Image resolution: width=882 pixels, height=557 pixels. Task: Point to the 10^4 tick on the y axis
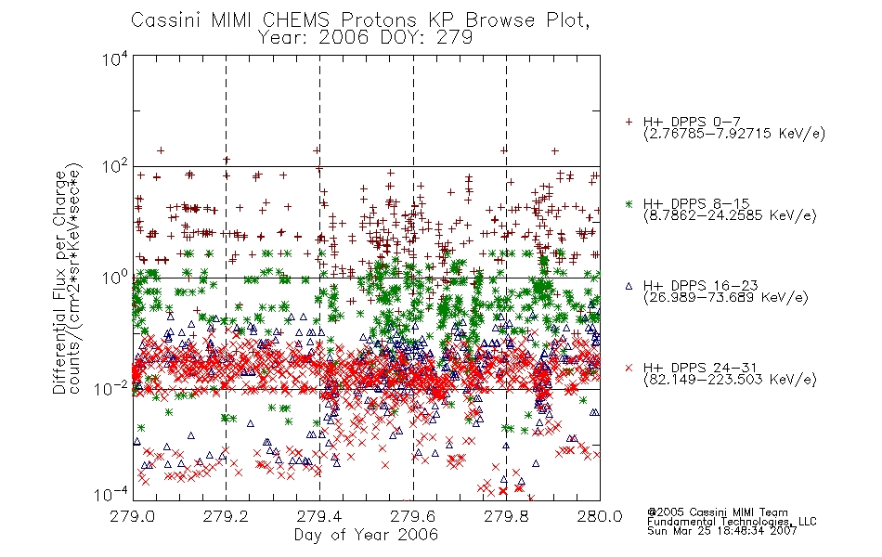point(115,59)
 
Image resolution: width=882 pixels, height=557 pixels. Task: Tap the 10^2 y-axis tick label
point(115,167)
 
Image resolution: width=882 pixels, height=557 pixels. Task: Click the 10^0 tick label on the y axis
point(115,278)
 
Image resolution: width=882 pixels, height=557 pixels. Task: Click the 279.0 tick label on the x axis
point(133,516)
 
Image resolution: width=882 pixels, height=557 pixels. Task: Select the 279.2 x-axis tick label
point(227,516)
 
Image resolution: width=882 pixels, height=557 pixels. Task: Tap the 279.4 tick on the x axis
point(319,516)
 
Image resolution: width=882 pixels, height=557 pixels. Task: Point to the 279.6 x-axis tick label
point(413,516)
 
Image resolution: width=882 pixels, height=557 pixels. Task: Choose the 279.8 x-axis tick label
point(507,516)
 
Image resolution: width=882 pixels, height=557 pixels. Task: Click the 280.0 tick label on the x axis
point(600,516)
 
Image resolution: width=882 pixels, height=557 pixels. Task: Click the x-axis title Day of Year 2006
point(366,535)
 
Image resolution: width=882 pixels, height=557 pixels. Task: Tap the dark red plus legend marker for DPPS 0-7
point(629,122)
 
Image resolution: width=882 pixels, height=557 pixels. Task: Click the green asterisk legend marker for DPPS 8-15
point(629,203)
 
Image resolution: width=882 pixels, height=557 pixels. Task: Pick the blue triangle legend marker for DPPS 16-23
point(629,286)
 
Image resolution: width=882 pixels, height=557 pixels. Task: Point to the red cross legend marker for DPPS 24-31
point(629,368)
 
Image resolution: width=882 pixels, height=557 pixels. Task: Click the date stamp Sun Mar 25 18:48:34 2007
point(721,531)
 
